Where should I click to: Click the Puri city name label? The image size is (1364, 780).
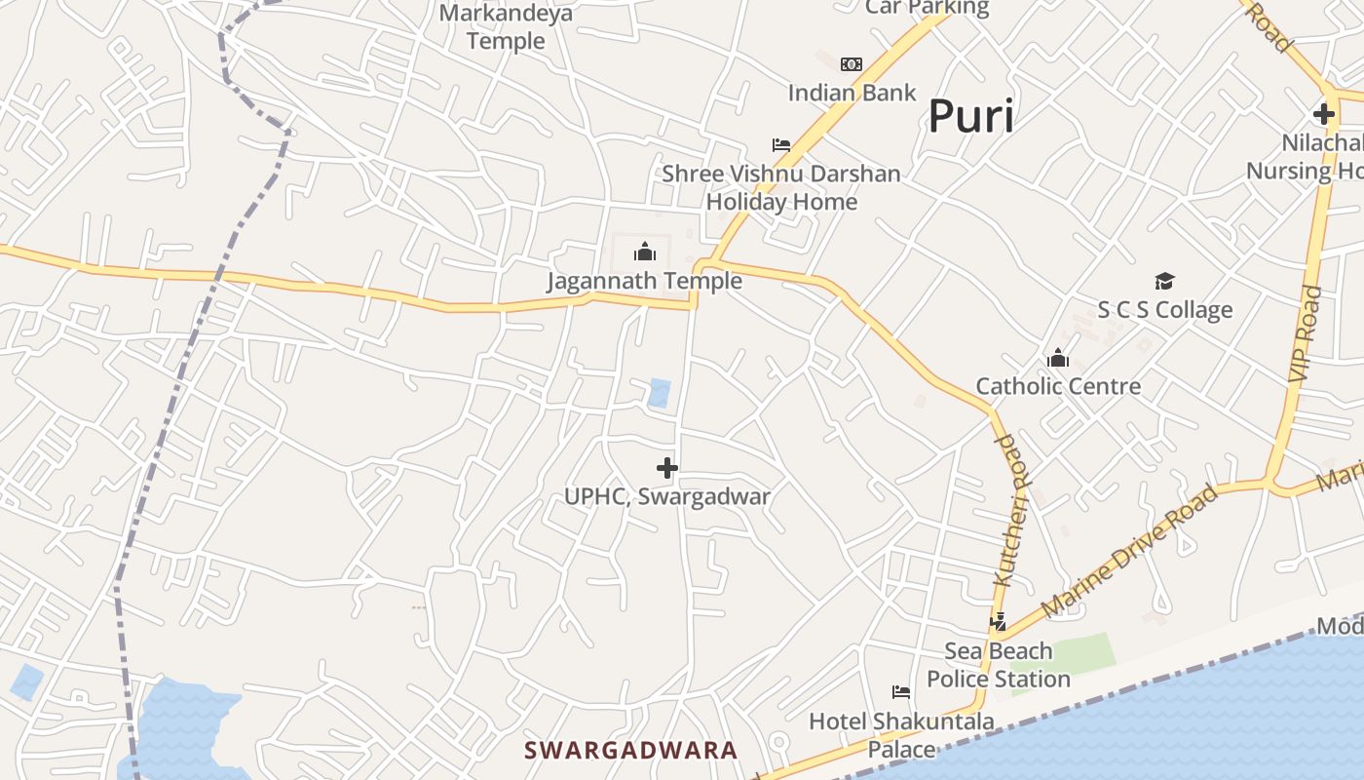click(x=970, y=116)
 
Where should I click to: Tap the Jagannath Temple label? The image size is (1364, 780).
click(x=644, y=281)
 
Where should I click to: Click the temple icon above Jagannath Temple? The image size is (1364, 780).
click(x=645, y=253)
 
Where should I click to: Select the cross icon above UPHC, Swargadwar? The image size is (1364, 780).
click(x=667, y=468)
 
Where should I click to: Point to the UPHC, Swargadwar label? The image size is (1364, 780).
click(x=667, y=496)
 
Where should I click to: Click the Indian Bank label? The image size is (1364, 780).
click(x=852, y=93)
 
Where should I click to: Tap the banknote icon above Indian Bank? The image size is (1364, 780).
click(x=852, y=64)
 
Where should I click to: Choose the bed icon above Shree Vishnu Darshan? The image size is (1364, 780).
click(x=781, y=145)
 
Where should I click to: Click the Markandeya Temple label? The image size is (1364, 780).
click(x=506, y=27)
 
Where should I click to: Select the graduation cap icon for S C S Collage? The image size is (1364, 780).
click(x=1164, y=282)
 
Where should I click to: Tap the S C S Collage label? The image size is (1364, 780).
click(x=1164, y=310)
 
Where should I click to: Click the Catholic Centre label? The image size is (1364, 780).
click(x=1058, y=386)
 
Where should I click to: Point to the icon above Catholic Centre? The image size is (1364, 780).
click(x=1058, y=359)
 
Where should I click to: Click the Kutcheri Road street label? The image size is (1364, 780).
click(x=1010, y=510)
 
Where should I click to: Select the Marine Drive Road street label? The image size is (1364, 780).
click(x=1129, y=551)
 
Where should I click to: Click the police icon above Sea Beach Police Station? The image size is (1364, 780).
click(x=998, y=621)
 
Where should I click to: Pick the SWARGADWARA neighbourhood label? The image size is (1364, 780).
click(x=630, y=750)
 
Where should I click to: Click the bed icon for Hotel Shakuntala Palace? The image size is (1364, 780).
click(x=901, y=692)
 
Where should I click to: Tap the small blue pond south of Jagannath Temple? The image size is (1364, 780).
click(x=660, y=393)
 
